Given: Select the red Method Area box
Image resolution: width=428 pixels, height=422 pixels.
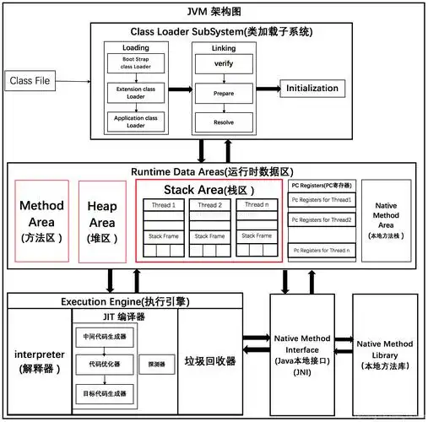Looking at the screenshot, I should point(41,221).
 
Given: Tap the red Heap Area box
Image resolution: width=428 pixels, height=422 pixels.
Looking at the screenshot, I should point(104,221).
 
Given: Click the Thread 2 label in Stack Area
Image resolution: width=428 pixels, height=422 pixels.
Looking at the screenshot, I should point(209,204).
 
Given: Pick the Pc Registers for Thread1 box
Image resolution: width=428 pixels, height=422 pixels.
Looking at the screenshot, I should point(322,200).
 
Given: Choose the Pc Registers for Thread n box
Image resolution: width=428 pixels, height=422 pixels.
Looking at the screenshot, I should point(322,251).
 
